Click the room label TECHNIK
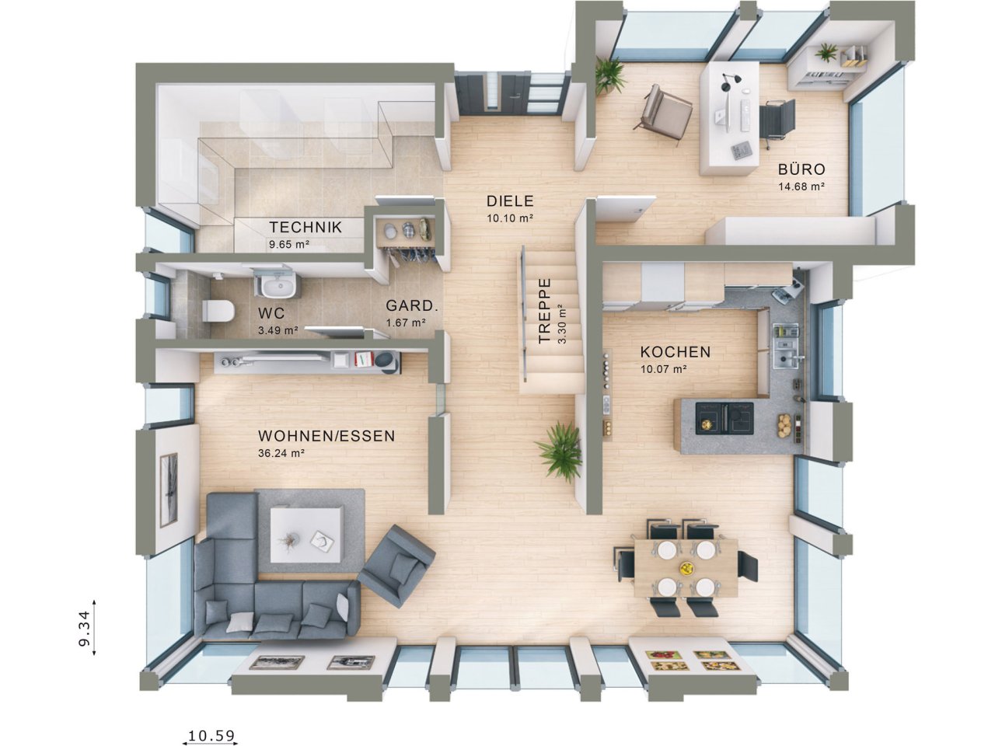[305, 227]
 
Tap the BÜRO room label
[801, 169]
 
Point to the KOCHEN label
[675, 352]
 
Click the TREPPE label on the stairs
[545, 311]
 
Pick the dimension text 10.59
[211, 735]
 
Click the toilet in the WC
[218, 311]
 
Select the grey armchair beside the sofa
[397, 565]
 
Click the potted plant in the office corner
[610, 75]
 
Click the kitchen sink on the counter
[787, 358]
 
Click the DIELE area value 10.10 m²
[509, 218]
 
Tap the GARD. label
[412, 306]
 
